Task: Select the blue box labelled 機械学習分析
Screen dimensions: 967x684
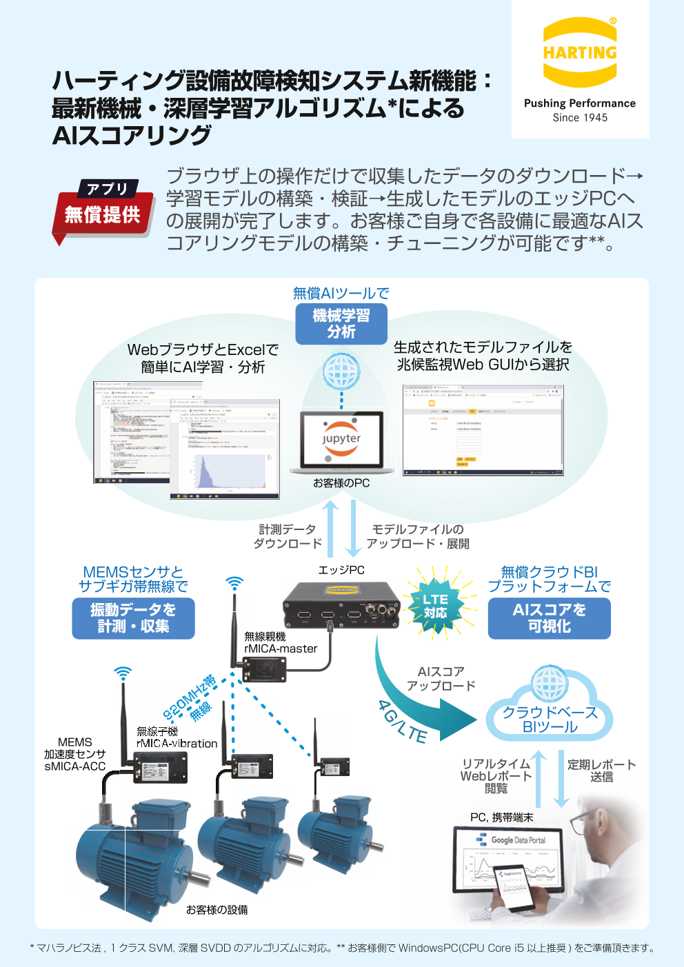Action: click(x=341, y=324)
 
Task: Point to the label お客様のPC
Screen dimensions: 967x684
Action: click(x=341, y=483)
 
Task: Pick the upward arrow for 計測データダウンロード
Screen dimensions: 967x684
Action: click(x=332, y=528)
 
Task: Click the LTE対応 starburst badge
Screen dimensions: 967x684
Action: click(x=435, y=605)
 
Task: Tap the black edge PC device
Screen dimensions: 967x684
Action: click(x=341, y=605)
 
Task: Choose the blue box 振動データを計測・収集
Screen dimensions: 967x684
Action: click(x=133, y=618)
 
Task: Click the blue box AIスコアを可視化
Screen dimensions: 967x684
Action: click(x=549, y=618)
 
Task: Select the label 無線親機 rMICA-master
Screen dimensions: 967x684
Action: click(x=280, y=642)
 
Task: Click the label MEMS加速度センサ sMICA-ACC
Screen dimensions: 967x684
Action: click(x=74, y=754)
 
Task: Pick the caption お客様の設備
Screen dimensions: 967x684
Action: click(x=217, y=910)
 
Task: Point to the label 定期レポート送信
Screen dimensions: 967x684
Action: click(x=601, y=771)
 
